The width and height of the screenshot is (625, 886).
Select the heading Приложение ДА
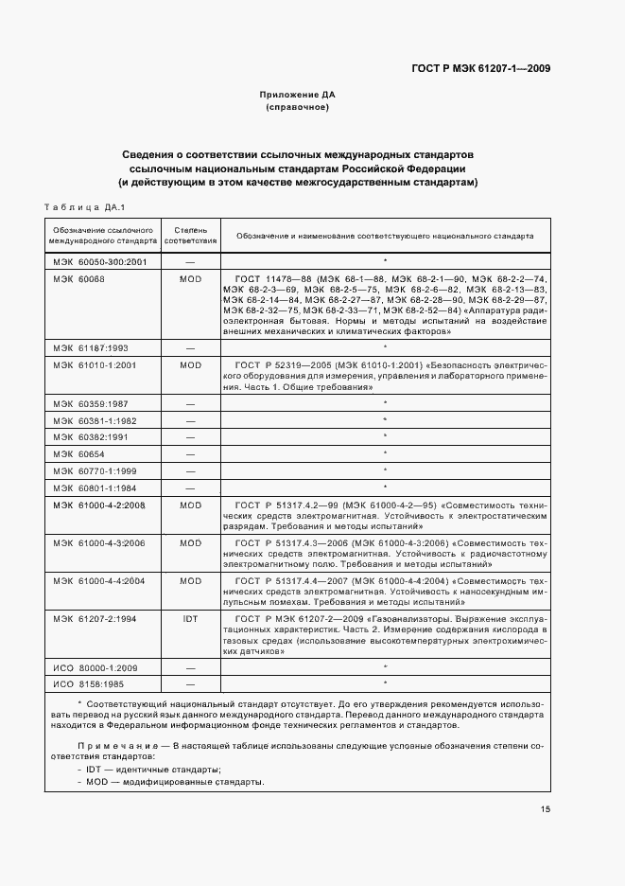298,95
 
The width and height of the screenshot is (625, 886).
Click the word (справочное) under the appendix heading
298,108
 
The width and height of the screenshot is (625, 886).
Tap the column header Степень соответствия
190,236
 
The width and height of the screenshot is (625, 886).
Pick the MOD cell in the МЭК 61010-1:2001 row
190,364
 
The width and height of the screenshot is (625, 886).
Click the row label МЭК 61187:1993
90,347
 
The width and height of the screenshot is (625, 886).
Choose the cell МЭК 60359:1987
90,404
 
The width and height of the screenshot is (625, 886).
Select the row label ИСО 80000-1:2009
93,666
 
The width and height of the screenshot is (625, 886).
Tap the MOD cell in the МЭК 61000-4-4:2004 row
190,580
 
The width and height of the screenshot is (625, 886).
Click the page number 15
546,808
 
